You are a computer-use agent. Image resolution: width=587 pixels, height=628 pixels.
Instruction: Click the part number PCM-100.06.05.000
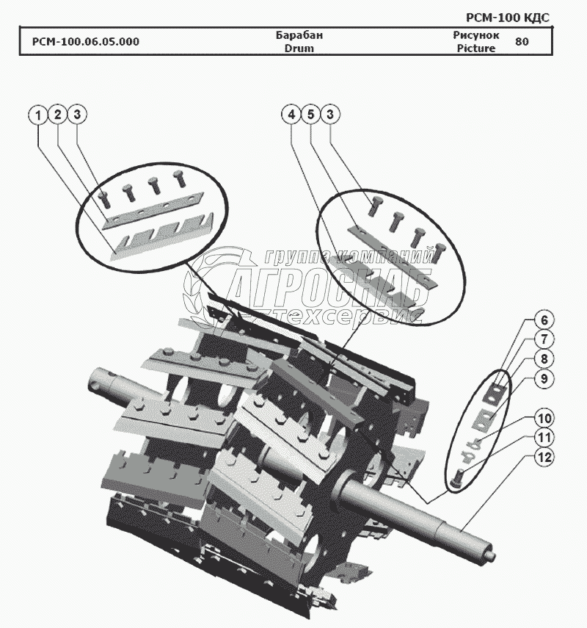[x=86, y=42]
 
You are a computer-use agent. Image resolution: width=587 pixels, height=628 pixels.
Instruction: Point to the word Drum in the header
[x=299, y=48]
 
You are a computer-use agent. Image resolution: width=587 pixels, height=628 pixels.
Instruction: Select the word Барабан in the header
[x=299, y=35]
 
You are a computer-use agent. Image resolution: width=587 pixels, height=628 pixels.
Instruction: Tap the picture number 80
[x=522, y=42]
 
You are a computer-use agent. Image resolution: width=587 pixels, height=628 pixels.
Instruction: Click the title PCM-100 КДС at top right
[x=507, y=17]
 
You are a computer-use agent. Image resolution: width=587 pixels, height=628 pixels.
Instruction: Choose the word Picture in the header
[x=475, y=48]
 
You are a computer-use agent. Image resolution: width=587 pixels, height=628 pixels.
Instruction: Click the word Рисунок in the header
[x=475, y=35]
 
